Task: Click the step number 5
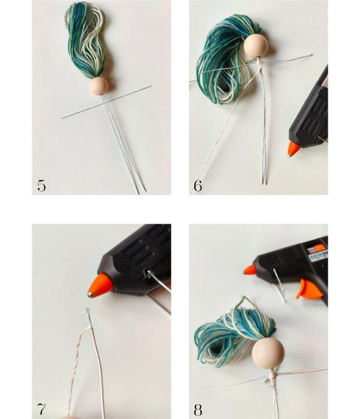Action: pos(41,186)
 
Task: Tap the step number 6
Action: pos(198,186)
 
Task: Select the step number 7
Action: pos(41,409)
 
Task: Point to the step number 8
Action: pos(198,410)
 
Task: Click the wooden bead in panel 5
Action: pos(99,86)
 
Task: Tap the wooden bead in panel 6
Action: pos(256,46)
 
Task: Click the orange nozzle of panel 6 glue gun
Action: pos(294,149)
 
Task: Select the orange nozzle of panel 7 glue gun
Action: pos(101,286)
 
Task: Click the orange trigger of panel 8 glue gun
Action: pos(309,289)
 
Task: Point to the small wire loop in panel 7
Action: pos(87,310)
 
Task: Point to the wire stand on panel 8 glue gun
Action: pos(279,286)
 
